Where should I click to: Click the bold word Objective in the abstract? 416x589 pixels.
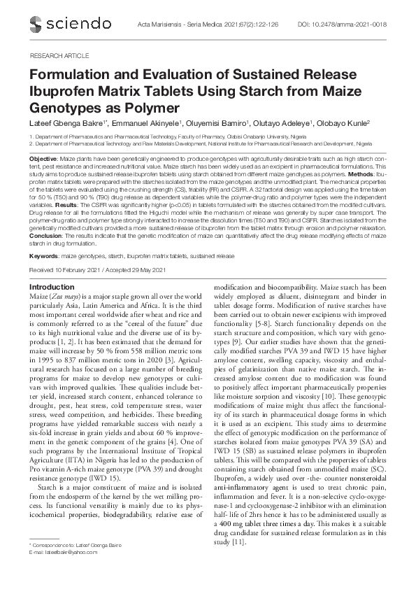click(x=43, y=159)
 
